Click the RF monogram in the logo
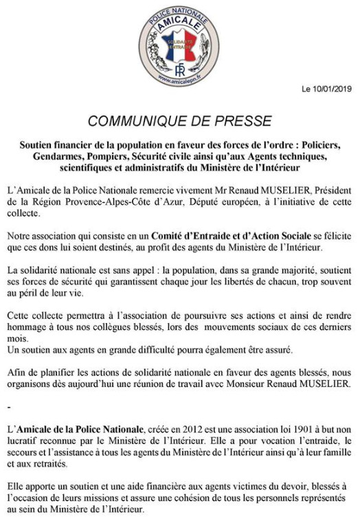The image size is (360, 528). pos(179,69)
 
